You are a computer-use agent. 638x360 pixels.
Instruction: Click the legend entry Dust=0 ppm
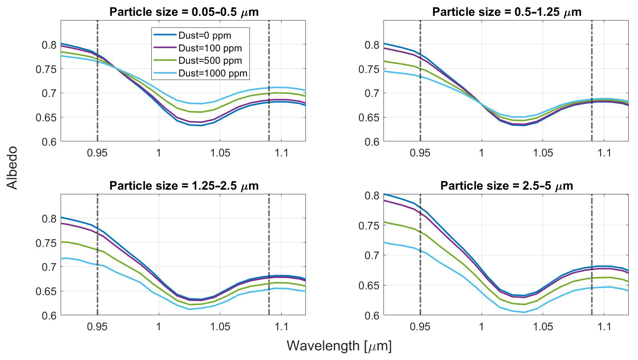click(x=204, y=36)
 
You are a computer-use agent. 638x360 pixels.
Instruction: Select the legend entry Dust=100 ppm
click(x=210, y=48)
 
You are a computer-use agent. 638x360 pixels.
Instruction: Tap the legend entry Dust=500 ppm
click(x=210, y=61)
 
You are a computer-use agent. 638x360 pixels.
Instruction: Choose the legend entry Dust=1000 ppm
click(x=212, y=73)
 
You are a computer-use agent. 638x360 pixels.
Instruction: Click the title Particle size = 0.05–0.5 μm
click(x=184, y=12)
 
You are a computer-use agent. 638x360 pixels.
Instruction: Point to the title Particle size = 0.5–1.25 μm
click(x=506, y=12)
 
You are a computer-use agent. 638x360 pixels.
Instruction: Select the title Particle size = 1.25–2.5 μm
click(x=184, y=186)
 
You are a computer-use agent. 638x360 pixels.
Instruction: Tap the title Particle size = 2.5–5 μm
click(x=506, y=186)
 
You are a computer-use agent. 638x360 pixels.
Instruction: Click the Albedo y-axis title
click(x=12, y=167)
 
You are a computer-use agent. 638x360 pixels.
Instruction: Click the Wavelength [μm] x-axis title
click(x=339, y=346)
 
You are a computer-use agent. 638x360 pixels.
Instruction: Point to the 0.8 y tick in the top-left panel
click(x=49, y=45)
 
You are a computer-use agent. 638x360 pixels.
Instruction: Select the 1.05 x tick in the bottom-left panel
click(x=220, y=327)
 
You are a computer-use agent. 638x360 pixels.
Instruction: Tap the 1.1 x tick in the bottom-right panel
click(x=604, y=327)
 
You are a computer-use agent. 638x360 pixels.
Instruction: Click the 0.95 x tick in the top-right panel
click(x=420, y=153)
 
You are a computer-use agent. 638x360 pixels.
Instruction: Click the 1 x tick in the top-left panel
click(x=159, y=153)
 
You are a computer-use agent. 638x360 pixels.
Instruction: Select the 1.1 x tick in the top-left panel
click(x=282, y=153)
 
